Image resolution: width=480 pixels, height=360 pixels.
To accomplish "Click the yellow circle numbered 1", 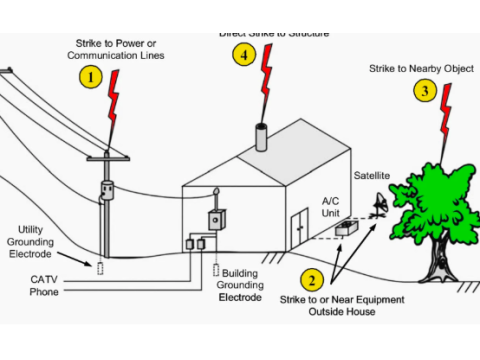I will (92, 76).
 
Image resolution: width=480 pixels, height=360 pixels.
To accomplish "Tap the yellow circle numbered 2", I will (312, 281).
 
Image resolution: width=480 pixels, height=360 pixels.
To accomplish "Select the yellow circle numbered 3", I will (425, 92).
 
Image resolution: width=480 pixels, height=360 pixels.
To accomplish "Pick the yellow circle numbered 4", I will (244, 55).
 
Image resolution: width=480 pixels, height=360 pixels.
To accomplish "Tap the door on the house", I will (299, 230).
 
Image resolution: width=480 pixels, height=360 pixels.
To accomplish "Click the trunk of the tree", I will (436, 261).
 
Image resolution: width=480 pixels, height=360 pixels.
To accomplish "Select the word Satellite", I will (371, 176).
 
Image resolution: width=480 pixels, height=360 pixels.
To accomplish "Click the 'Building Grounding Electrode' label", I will (241, 285).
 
